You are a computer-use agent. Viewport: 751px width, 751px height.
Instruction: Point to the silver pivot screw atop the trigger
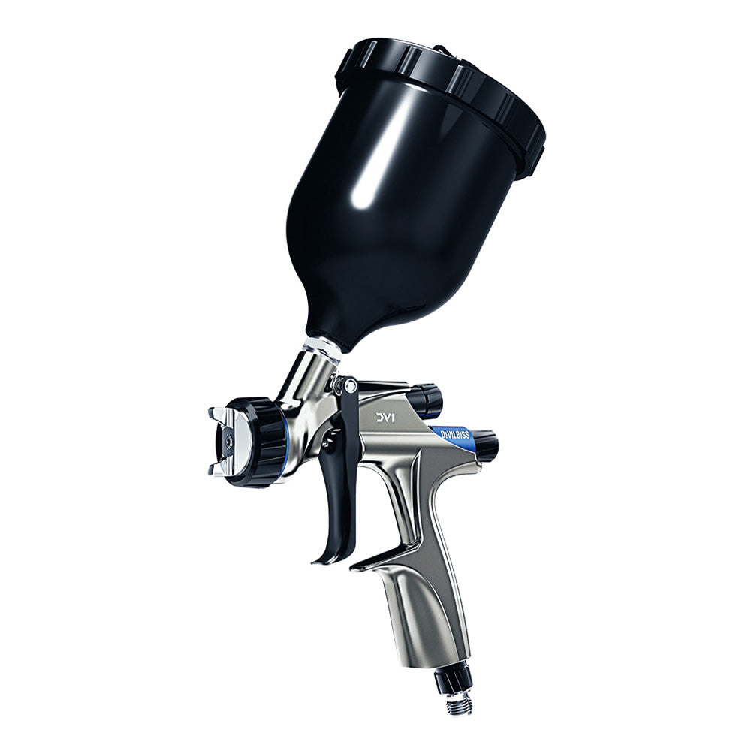tap(347, 385)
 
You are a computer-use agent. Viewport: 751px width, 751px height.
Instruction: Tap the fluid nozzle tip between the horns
tap(228, 442)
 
